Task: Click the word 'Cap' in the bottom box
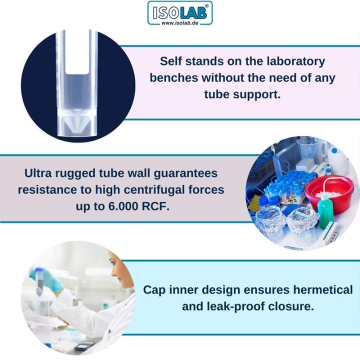click(160, 288)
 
